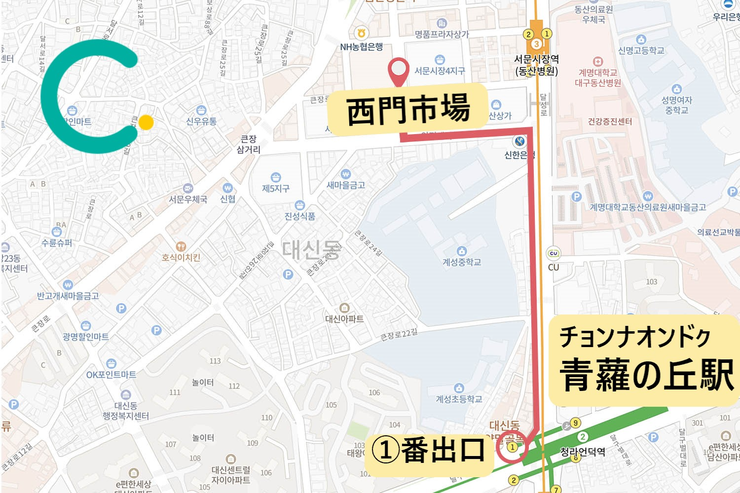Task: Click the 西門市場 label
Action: (x=408, y=110)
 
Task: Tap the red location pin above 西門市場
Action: (x=398, y=70)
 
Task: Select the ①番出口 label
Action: (x=428, y=450)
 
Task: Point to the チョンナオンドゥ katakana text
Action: (x=634, y=337)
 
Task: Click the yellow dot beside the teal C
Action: (x=146, y=122)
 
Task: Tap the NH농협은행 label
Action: (x=362, y=47)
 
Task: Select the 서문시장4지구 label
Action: (x=440, y=70)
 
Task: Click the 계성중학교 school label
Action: (x=461, y=262)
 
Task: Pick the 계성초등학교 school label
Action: (x=459, y=399)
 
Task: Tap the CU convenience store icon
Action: (x=554, y=254)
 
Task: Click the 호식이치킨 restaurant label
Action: (x=181, y=257)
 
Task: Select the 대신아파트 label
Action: (x=344, y=318)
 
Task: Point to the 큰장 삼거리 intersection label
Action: (x=249, y=144)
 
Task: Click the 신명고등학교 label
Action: (x=641, y=50)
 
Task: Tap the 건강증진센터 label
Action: (x=610, y=121)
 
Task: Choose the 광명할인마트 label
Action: (x=86, y=336)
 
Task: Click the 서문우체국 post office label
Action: (x=188, y=199)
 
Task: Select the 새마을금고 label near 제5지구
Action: (x=346, y=185)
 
